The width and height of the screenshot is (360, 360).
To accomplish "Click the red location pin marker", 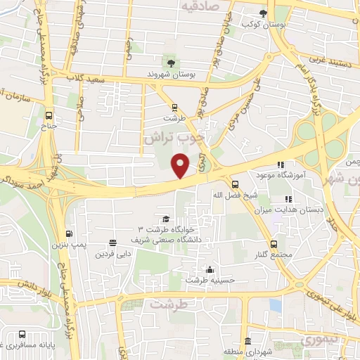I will [181, 165].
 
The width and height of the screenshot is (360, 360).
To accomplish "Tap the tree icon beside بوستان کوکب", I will [263, 13].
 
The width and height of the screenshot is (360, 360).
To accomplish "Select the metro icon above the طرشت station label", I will [174, 108].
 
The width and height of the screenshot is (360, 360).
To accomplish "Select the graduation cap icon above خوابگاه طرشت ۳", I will [165, 219].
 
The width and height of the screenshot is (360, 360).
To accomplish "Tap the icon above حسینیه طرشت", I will [209, 269].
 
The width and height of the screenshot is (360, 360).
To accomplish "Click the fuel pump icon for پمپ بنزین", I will [68, 234].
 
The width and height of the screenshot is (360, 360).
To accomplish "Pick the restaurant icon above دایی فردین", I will [113, 243].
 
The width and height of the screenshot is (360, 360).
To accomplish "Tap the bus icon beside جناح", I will [49, 115].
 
